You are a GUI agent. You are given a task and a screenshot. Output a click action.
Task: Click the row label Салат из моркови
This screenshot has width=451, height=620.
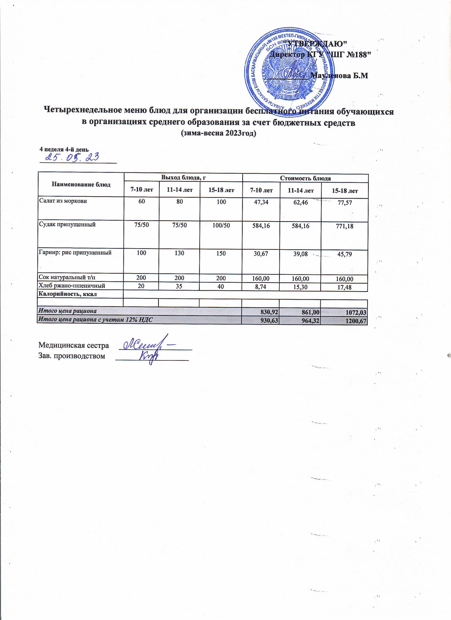click(63, 201)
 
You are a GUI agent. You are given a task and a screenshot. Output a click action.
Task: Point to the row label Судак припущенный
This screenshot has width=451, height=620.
click(67, 225)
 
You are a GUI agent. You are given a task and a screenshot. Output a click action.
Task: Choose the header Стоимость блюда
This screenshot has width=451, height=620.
click(306, 178)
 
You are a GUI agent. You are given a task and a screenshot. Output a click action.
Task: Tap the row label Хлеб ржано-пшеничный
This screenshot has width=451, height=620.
click(72, 286)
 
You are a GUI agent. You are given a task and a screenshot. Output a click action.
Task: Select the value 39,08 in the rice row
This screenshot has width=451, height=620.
click(300, 254)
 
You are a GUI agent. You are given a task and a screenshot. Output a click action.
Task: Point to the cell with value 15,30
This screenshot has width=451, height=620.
click(300, 287)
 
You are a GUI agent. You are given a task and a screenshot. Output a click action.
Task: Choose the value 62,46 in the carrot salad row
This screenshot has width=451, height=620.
click(300, 203)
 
